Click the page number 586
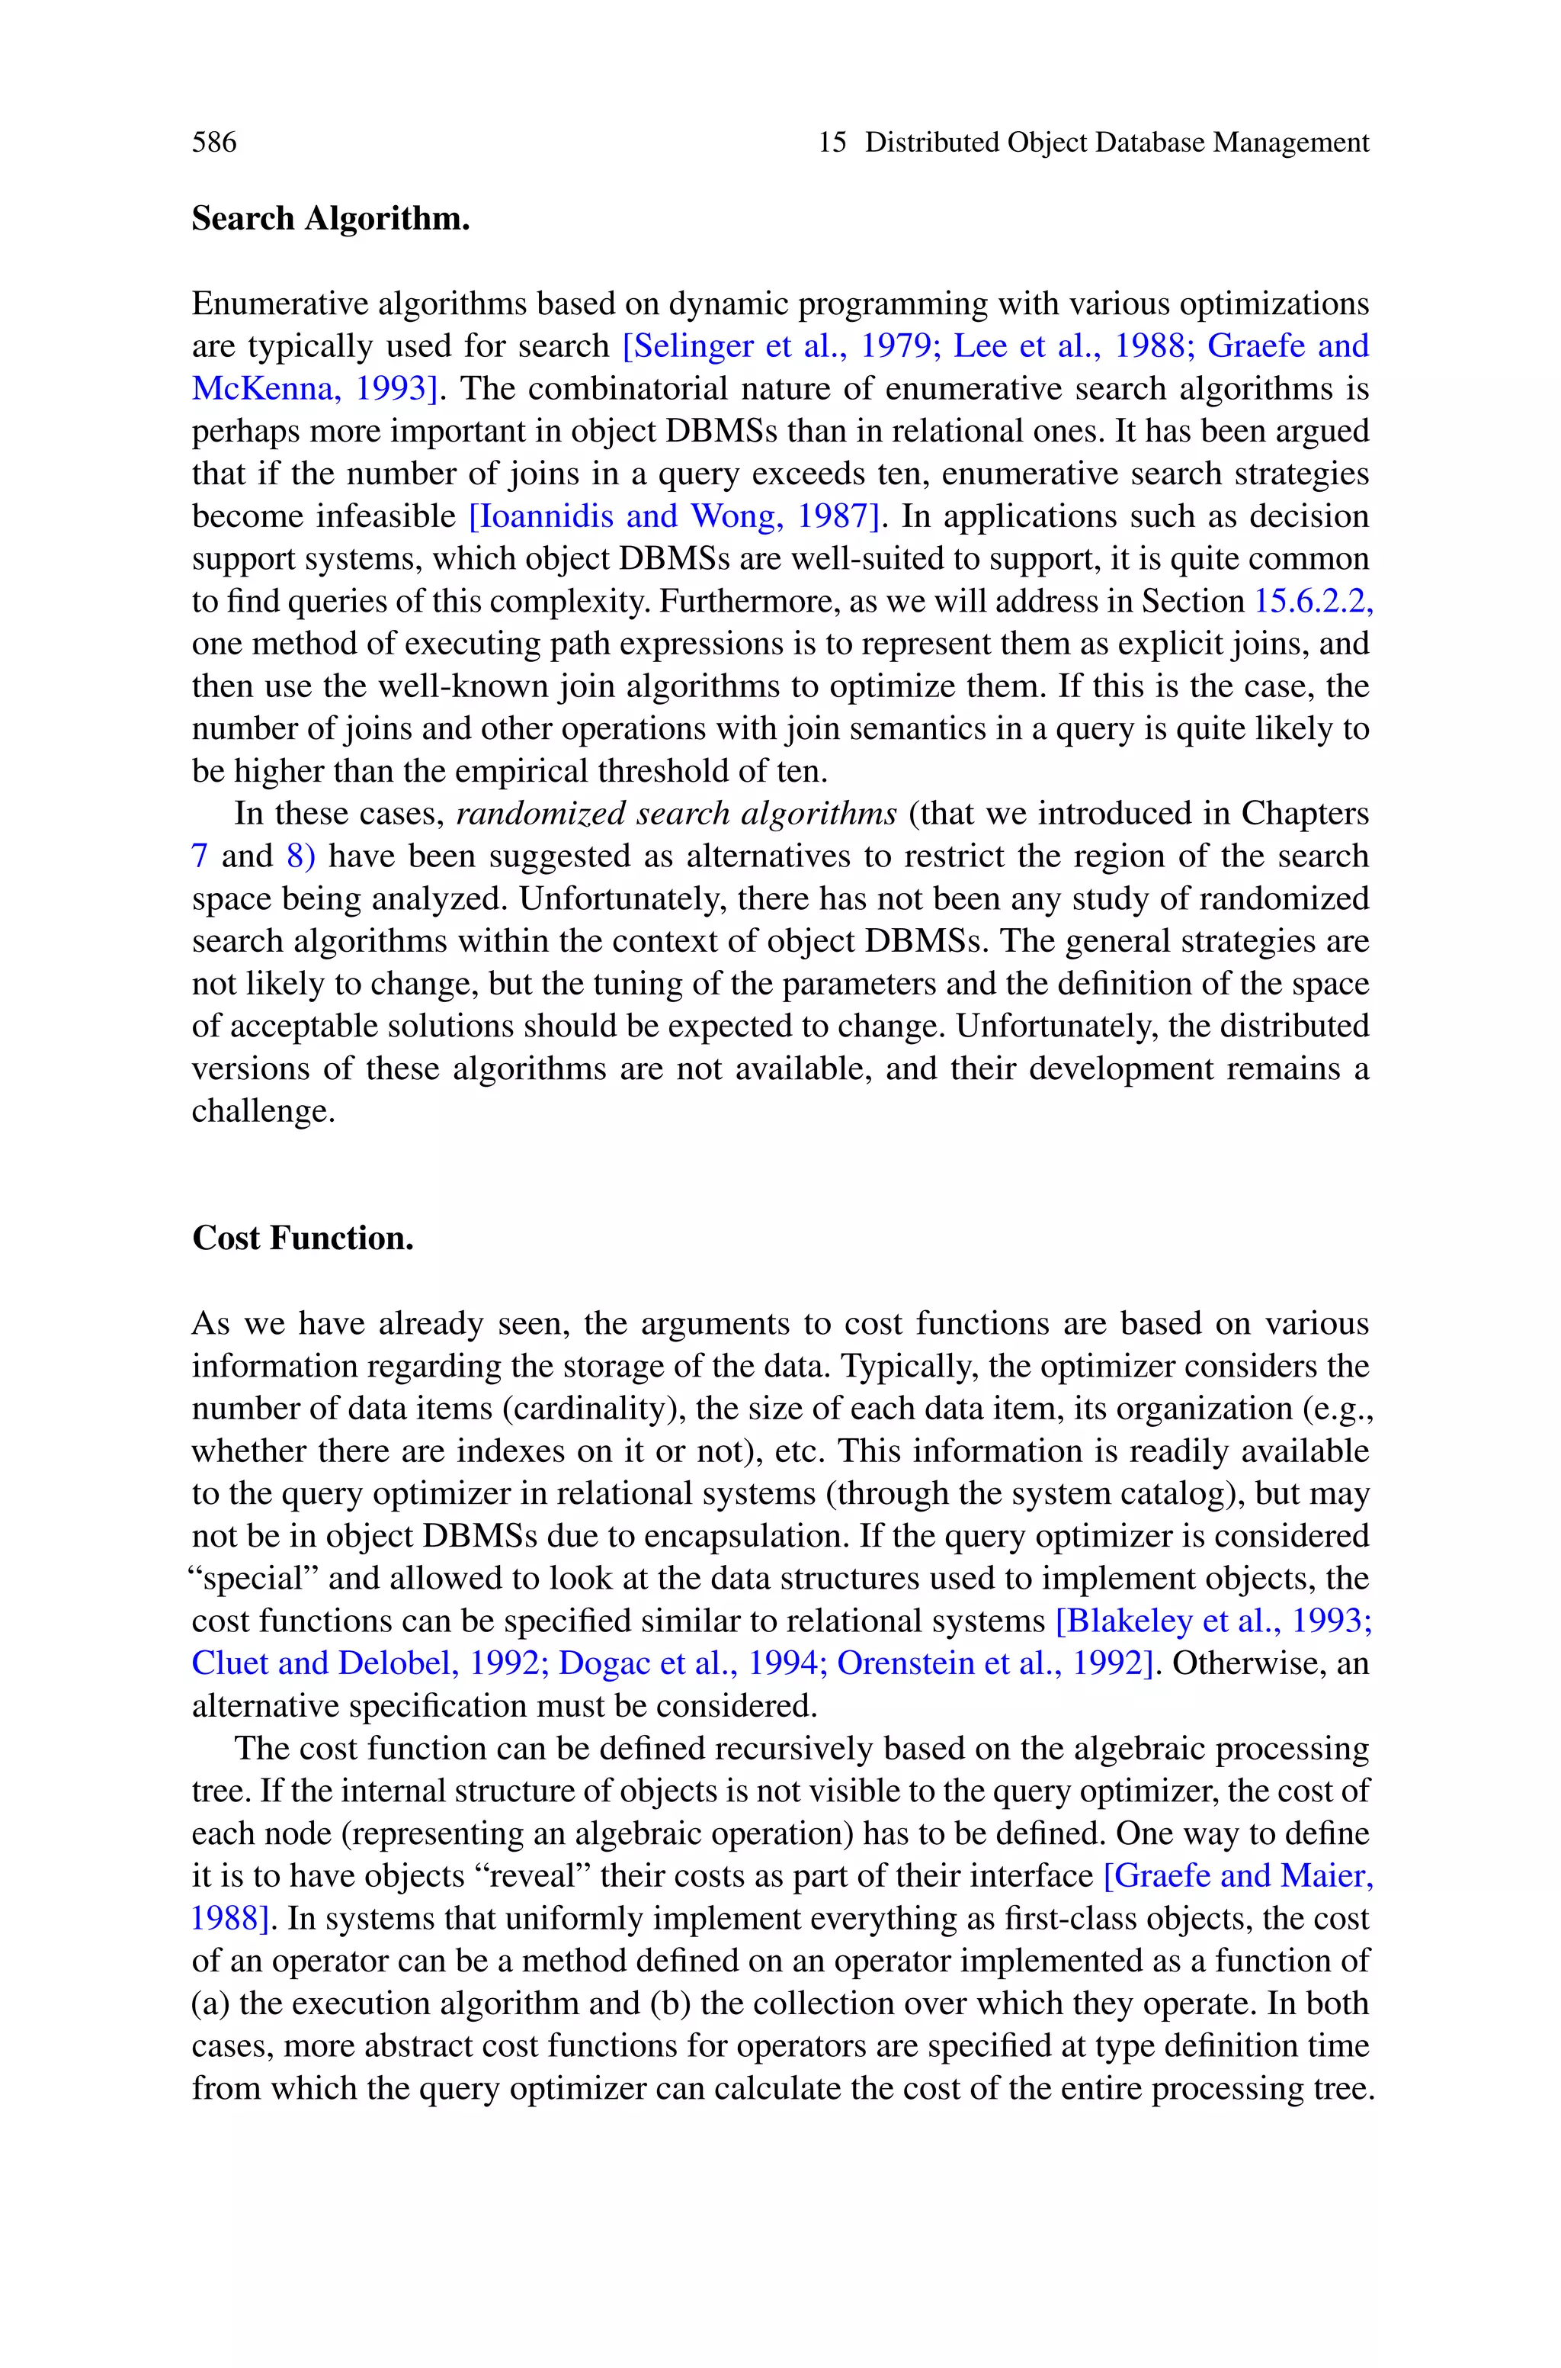(x=214, y=143)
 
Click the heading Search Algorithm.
(x=331, y=218)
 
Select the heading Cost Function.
(x=303, y=1238)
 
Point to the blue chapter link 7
(x=199, y=856)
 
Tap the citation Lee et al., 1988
(x=1072, y=345)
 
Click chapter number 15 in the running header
(x=832, y=143)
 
